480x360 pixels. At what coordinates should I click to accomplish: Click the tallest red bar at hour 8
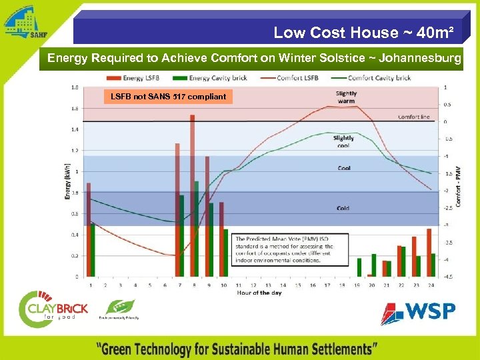click(x=192, y=193)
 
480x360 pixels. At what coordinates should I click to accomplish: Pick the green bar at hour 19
click(x=359, y=267)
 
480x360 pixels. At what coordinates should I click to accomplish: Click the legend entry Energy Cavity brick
click(x=217, y=78)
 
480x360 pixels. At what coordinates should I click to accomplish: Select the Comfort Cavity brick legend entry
click(x=377, y=78)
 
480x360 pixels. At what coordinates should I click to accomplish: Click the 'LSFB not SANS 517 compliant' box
click(x=169, y=97)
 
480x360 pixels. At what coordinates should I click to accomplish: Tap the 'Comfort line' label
click(x=413, y=117)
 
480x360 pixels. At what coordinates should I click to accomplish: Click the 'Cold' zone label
click(x=343, y=208)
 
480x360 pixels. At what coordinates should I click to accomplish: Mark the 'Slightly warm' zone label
click(x=346, y=97)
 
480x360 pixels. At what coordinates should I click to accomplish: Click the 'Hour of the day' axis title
click(x=261, y=293)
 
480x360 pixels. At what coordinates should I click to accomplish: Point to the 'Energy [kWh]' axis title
click(x=67, y=181)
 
